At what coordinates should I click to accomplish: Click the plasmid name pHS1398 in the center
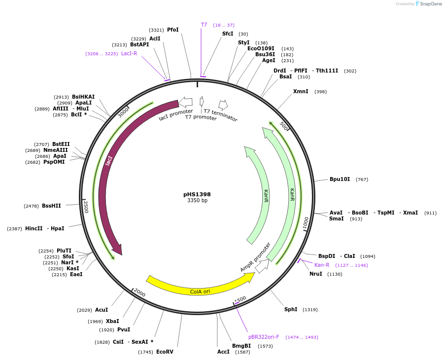coord(197,194)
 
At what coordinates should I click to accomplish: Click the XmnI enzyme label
coord(301,91)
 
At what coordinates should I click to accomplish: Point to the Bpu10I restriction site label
coord(340,180)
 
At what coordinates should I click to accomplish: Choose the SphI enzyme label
coord(291,310)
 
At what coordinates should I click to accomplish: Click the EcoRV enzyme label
coord(165,352)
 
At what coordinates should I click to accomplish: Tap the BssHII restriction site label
coord(51,206)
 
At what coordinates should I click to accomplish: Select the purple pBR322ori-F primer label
coord(264,337)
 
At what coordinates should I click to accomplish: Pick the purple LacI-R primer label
coord(129,54)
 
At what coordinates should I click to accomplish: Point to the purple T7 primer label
coord(204,25)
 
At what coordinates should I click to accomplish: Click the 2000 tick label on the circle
coord(139,293)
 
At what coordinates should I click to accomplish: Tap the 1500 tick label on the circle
coord(240,300)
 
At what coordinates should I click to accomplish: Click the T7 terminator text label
coord(221,115)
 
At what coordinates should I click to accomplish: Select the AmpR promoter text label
coord(255,256)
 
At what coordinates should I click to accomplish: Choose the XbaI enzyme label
coord(112,322)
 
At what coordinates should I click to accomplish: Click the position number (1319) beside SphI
coord(310,310)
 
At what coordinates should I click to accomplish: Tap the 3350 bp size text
coord(197,201)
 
